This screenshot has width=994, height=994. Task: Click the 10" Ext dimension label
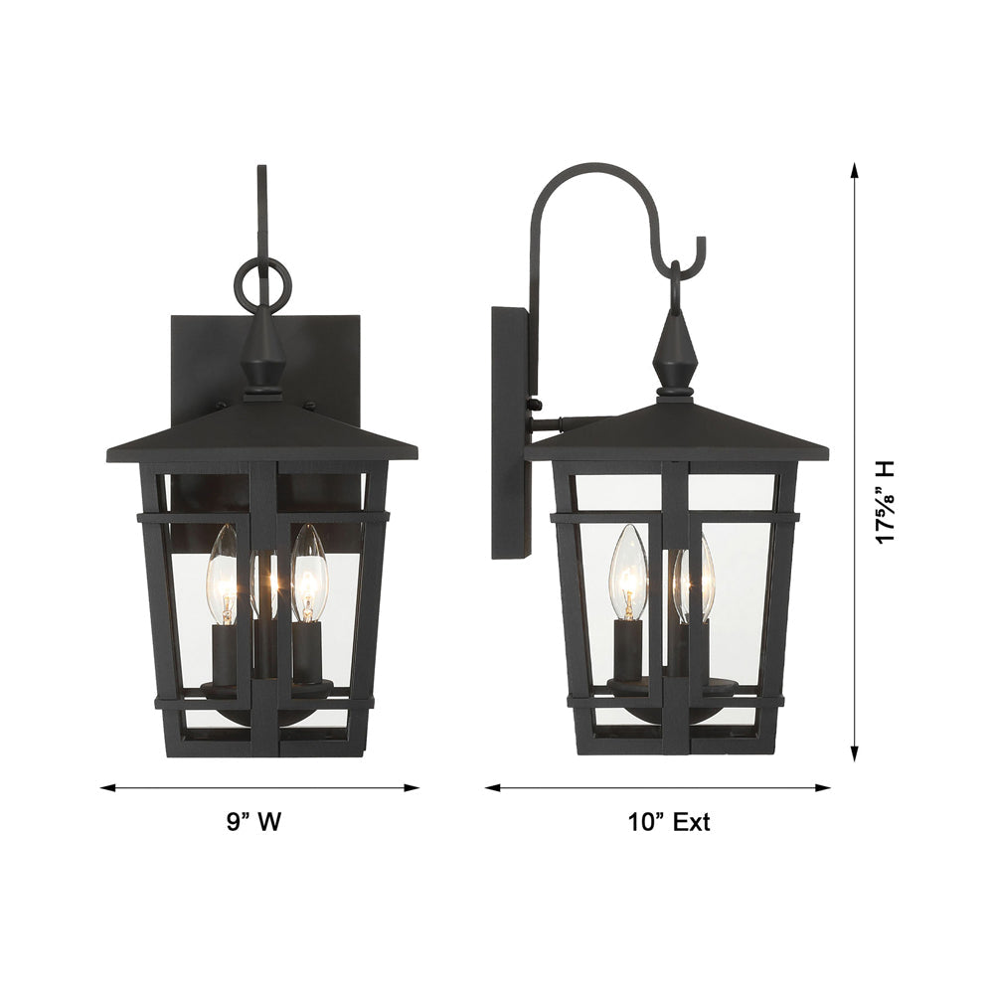(x=669, y=822)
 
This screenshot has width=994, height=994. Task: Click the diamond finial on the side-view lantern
(x=675, y=354)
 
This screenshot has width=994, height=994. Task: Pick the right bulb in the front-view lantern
(x=309, y=577)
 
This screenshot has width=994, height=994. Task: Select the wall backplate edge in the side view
(x=510, y=432)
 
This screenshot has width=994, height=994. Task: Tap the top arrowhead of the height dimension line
(x=854, y=170)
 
